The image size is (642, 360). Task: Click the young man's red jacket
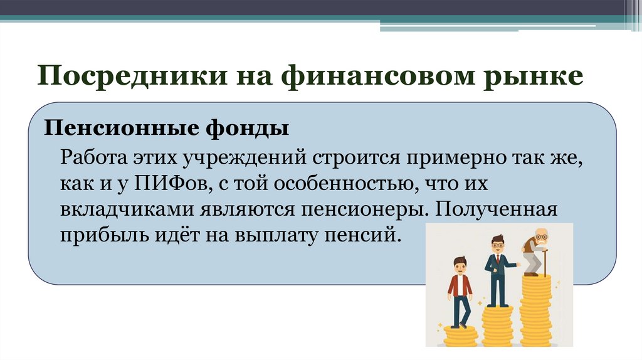pos(460,285)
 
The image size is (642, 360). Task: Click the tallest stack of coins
pos(536,310)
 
